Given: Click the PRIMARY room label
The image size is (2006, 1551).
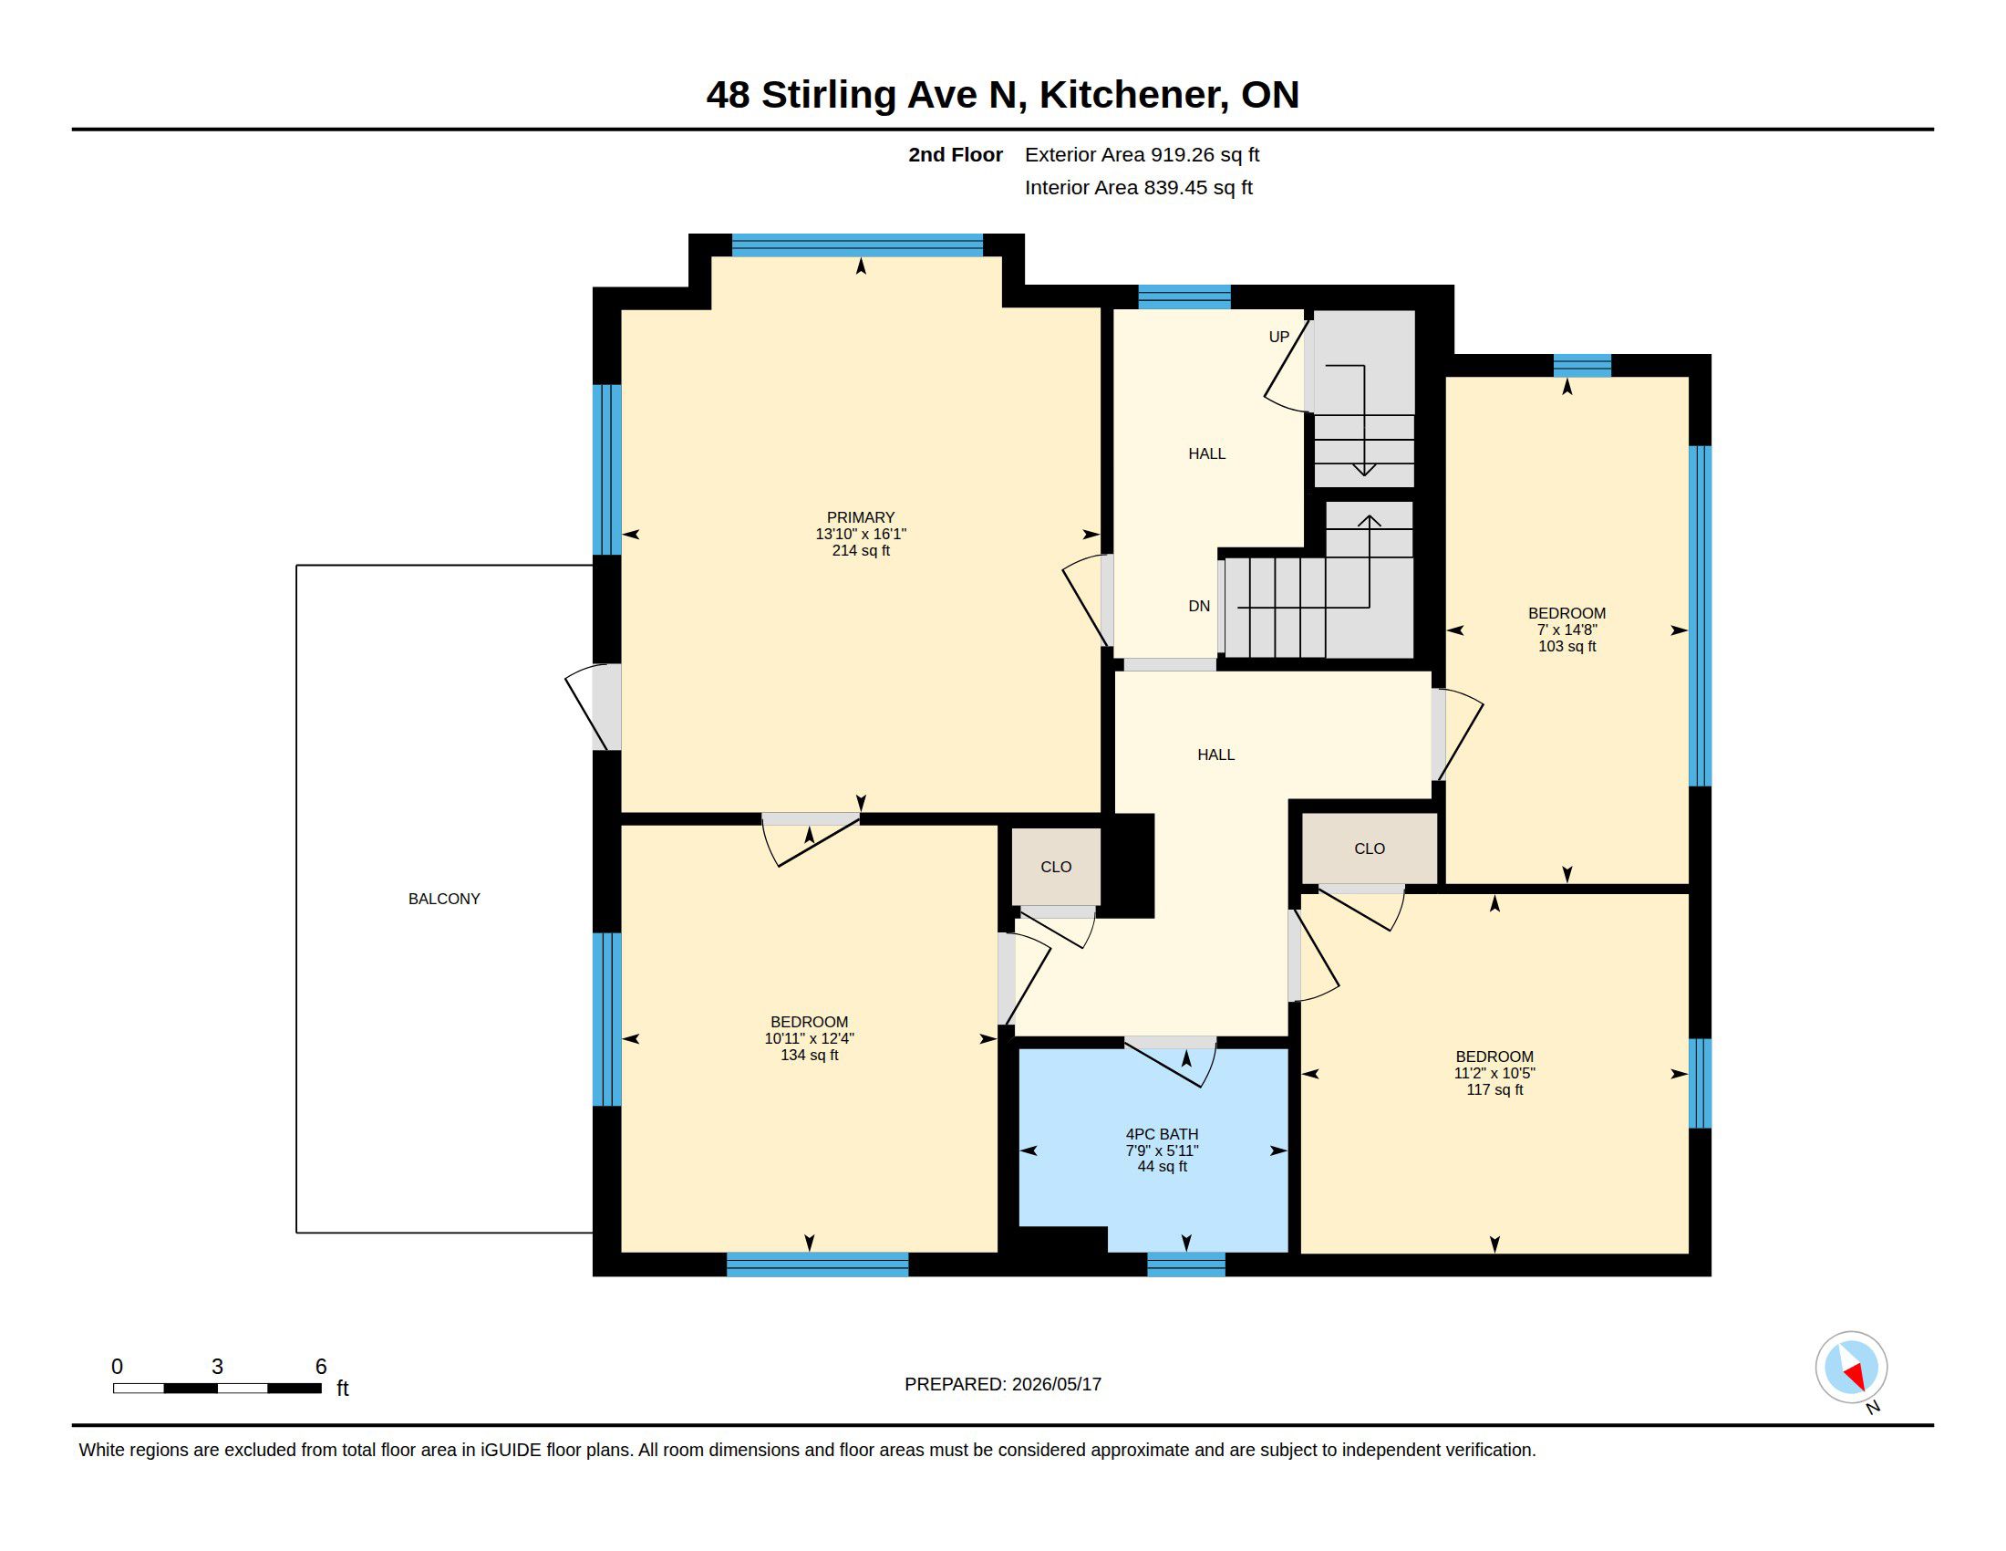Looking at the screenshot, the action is pos(861,517).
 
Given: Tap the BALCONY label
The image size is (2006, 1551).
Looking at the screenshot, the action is pos(445,899).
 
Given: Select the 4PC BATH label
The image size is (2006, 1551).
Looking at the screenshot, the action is pos(1162,1134).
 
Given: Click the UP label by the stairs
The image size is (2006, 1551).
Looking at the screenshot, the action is pos(1278,338).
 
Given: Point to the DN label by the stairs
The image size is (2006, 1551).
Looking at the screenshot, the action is pos(1199,607).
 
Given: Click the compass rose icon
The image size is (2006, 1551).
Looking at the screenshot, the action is pos(1851,1369).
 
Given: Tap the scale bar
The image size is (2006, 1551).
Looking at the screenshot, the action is pos(217,1388).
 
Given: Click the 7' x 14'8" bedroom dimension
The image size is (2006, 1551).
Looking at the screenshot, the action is pos(1567,630).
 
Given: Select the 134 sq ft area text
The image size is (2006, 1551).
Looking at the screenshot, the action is pos(809,1055).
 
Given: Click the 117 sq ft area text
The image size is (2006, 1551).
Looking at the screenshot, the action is pos(1494,1089).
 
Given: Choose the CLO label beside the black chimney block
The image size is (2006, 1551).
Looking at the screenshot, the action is pos(1056,867).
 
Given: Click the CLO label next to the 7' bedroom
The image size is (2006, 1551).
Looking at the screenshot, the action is pos(1370,849).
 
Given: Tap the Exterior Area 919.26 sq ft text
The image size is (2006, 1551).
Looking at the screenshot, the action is pos(1142,154).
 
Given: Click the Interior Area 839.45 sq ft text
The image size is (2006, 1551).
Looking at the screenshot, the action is pos(1138,187).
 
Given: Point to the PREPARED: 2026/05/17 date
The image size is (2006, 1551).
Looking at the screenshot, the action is pos(1003,1384).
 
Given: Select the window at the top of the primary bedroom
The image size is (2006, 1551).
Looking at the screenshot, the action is pos(857,245).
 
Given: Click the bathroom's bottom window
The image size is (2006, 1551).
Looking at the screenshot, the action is pos(1185,1265).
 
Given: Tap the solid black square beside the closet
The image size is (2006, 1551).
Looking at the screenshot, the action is pos(1128,866).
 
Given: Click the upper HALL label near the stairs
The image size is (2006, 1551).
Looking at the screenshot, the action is pos(1207,454).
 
